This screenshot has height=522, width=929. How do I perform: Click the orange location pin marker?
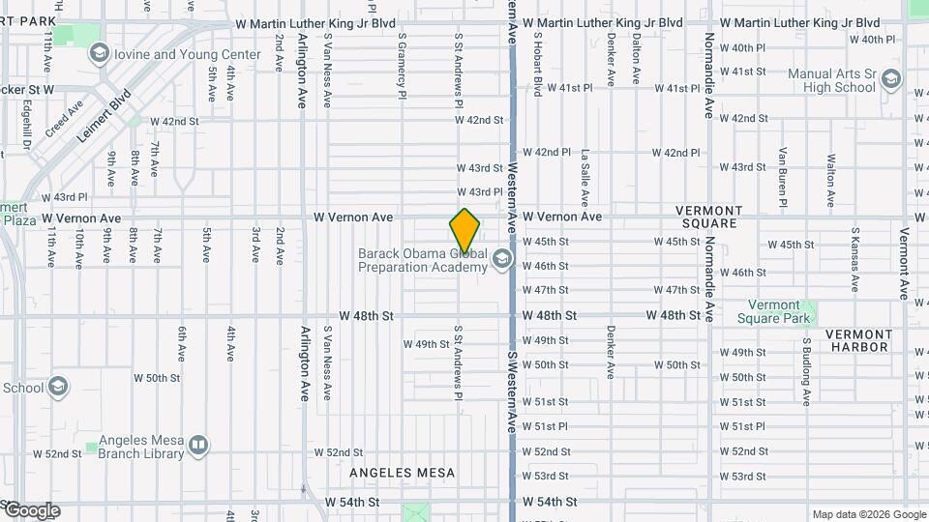pyautogui.click(x=465, y=232)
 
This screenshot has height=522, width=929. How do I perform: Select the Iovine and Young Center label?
pyautogui.click(x=188, y=54)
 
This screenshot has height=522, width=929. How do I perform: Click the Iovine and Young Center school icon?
pyautogui.click(x=98, y=54)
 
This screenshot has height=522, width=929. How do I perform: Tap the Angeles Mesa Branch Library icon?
pyautogui.click(x=198, y=446)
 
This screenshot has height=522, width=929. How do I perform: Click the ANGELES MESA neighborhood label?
pyautogui.click(x=402, y=473)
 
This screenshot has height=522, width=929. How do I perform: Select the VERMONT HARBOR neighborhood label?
pyautogui.click(x=857, y=340)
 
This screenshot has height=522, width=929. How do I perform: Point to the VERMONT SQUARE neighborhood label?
pyautogui.click(x=708, y=217)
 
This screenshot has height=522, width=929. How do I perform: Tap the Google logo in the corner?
pyautogui.click(x=31, y=510)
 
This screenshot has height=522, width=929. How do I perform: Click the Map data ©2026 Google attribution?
pyautogui.click(x=868, y=514)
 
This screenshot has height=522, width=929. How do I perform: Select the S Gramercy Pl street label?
pyautogui.click(x=401, y=65)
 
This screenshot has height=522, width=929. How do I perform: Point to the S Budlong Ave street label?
pyautogui.click(x=805, y=371)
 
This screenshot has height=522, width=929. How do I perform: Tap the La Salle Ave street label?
pyautogui.click(x=585, y=178)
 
